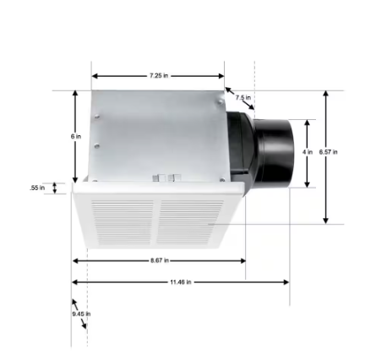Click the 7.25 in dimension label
click(x=157, y=75)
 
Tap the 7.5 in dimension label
click(x=242, y=98)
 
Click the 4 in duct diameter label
click(x=308, y=152)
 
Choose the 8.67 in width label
click(x=157, y=260)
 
